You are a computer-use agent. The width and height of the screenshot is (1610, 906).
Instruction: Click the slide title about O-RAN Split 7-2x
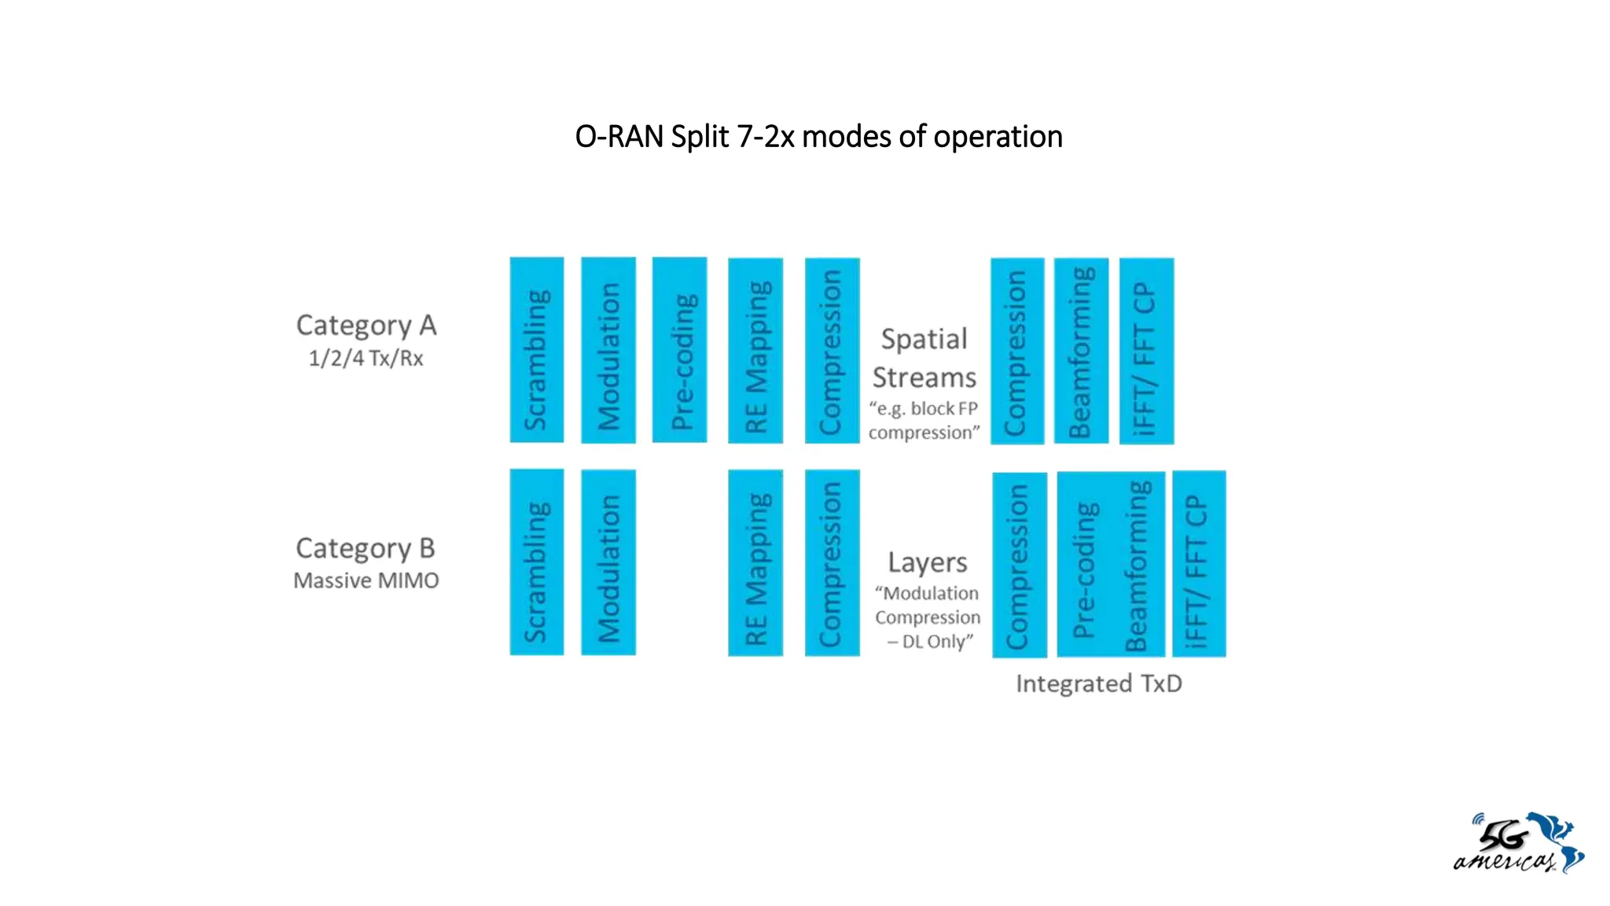coord(818,137)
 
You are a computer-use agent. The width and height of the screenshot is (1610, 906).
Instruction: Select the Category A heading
coord(366,325)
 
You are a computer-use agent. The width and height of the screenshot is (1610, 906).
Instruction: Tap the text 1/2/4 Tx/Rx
coord(366,359)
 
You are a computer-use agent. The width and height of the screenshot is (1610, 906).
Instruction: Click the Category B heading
coord(366,547)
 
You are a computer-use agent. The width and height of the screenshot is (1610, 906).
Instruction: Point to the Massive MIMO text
coord(366,580)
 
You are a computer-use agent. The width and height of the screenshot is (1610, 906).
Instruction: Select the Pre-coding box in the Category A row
coord(679,350)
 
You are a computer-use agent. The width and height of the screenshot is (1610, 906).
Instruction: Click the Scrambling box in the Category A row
coord(537,350)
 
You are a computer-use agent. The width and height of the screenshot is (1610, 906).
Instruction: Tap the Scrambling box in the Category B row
coord(537,562)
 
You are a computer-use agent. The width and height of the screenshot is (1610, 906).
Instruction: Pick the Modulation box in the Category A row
coord(608,350)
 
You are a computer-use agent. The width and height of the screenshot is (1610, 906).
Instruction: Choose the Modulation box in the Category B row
coord(608,562)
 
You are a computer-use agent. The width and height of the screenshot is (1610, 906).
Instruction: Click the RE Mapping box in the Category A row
coord(755,351)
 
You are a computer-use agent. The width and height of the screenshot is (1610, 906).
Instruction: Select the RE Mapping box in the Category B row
coord(755,563)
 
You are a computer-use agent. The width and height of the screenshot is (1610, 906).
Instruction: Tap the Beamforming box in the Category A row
coord(1081,351)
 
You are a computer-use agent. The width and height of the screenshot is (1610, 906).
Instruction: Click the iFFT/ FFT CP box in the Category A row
coord(1146,351)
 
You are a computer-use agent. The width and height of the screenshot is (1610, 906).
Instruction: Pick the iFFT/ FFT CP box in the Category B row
coord(1199,564)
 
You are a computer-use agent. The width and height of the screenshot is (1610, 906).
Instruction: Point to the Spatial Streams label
coord(924,358)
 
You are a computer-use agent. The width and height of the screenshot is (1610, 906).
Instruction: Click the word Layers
coord(928,562)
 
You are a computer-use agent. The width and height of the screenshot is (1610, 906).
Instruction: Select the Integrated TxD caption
coord(1098,683)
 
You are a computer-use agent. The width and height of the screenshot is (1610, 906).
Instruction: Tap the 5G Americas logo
coord(1518,843)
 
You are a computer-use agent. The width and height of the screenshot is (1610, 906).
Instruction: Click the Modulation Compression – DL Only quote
coord(928,617)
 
